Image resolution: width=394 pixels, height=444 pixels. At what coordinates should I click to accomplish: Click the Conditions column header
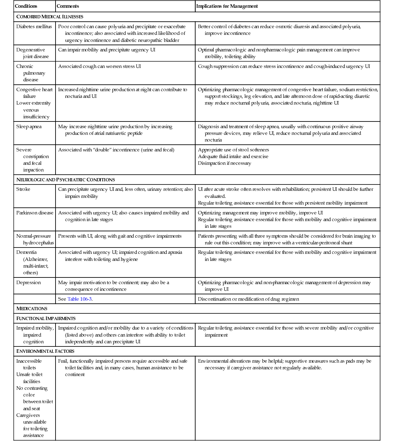26,6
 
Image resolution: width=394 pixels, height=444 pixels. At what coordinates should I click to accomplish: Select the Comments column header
68,6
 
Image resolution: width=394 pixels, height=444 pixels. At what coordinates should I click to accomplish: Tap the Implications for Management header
227,6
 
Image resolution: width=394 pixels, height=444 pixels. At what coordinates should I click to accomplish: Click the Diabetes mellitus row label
34,27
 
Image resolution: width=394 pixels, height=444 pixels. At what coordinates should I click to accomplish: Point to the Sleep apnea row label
29,127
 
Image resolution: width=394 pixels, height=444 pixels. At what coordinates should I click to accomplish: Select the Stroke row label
23,189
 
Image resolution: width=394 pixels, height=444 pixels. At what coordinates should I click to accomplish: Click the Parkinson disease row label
35,213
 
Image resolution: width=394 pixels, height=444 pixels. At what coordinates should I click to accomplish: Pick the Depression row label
28,283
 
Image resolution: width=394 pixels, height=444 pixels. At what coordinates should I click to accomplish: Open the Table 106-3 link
79,299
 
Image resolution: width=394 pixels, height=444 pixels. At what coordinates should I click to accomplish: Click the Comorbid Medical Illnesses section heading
50,17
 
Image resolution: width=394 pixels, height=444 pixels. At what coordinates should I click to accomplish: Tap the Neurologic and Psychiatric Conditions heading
66,180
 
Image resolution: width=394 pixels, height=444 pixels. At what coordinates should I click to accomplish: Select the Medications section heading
32,309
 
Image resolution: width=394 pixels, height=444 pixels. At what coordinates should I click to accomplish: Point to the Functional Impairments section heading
46,319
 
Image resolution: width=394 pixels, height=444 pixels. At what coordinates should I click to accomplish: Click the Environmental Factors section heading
45,351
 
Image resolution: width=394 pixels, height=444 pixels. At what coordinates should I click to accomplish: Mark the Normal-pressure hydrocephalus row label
35,239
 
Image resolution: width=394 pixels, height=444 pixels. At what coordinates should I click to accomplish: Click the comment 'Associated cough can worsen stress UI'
99,67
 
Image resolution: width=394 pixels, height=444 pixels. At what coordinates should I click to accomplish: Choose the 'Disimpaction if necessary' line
225,163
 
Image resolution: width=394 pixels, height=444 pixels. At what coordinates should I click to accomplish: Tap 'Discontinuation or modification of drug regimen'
248,299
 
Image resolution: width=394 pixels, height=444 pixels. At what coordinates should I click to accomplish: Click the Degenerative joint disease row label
32,53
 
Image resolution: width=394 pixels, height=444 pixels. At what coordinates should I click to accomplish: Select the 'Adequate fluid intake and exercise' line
233,157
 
